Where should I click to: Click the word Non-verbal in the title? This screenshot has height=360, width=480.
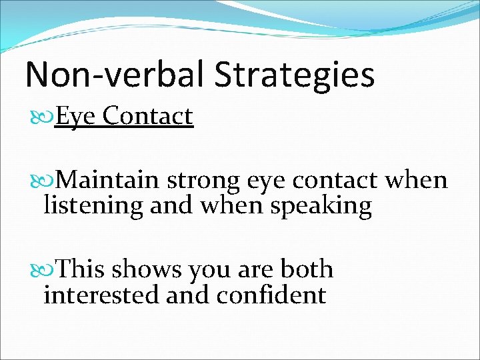tap(112, 75)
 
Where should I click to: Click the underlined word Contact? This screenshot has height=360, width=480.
tap(148, 116)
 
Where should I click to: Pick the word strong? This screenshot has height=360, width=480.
tap(204, 180)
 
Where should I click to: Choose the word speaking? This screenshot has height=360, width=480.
tap(321, 205)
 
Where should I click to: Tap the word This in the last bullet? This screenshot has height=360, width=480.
tap(81, 269)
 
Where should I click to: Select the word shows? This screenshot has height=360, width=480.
tap(147, 269)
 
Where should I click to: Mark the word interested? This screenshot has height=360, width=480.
tap(101, 294)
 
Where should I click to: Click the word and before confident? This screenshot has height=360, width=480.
tap(191, 294)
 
